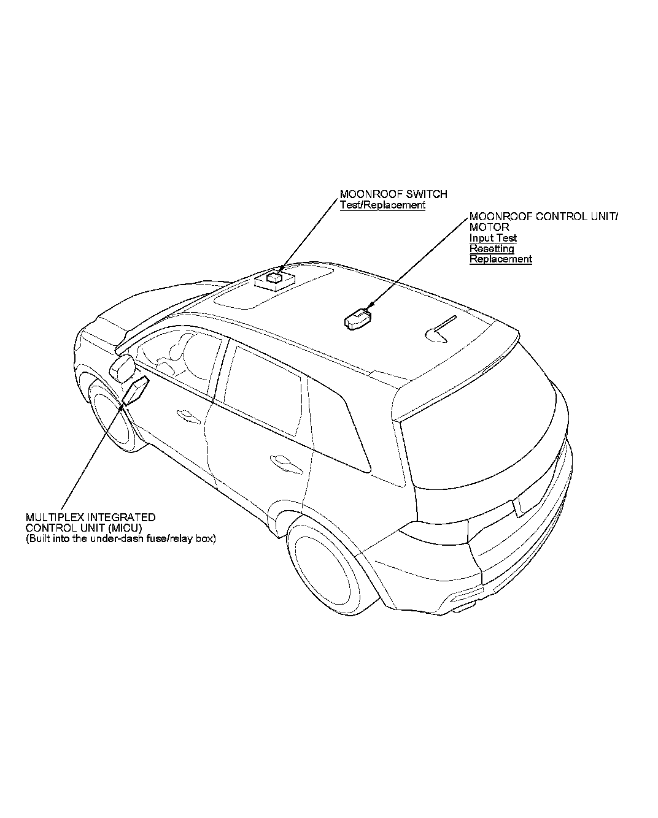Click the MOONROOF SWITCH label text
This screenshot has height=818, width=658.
pos(393,194)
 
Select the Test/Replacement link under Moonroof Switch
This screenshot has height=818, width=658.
pos(382,205)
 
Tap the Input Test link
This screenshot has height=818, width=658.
pos(493,238)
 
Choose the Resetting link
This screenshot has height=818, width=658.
pos(492,248)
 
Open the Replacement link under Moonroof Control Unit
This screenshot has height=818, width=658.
pos(500,259)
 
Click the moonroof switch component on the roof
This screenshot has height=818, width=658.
pos(274,280)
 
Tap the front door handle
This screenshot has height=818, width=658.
pos(184,415)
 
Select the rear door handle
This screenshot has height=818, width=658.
pos(284,461)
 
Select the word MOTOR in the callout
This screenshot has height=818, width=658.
pos(489,227)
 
